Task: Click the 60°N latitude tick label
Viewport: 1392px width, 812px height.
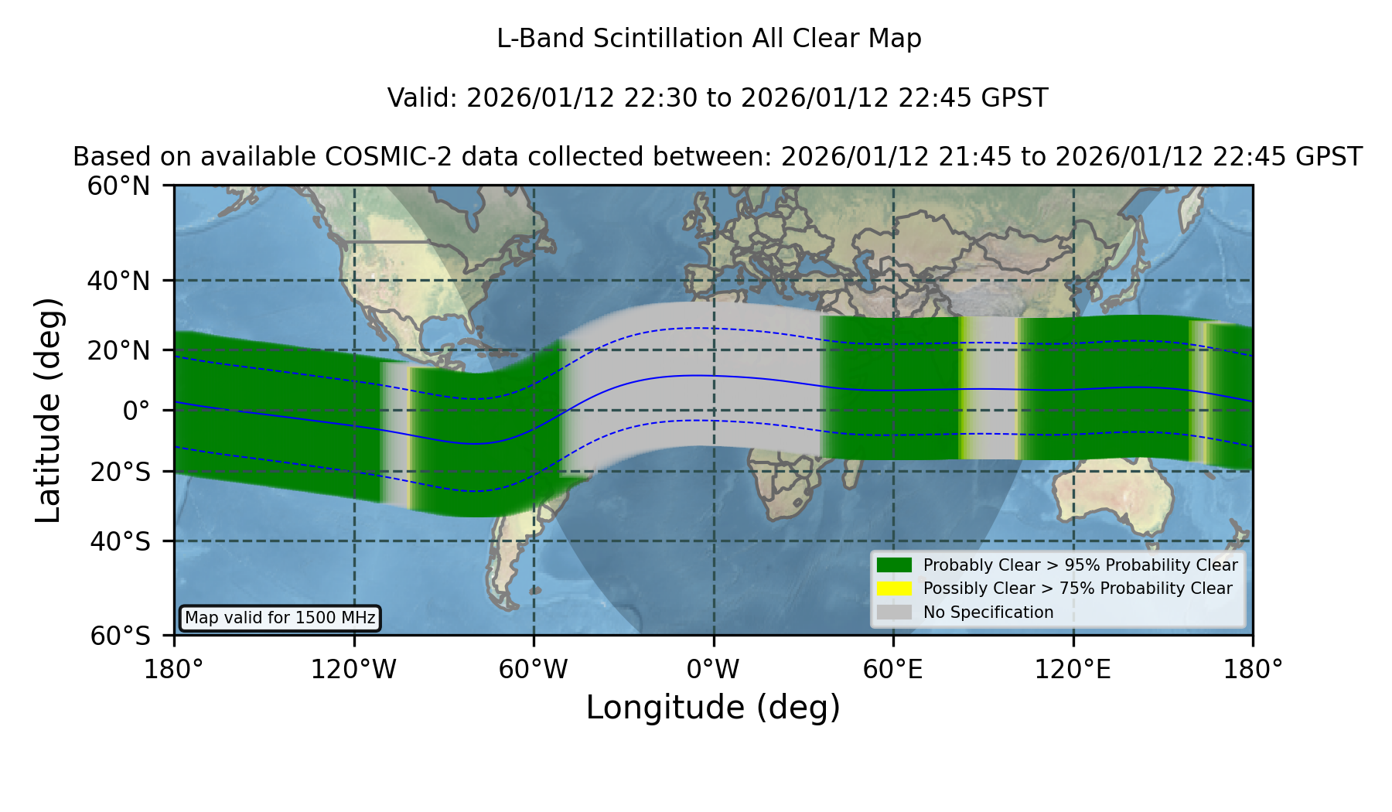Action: pyautogui.click(x=118, y=186)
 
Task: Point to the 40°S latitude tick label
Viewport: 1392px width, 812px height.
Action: pyautogui.click(x=120, y=541)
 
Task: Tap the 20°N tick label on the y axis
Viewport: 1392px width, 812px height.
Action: pyautogui.click(x=118, y=350)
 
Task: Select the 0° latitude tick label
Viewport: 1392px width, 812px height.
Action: pyautogui.click(x=136, y=411)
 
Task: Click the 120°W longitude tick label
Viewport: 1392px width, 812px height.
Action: pyautogui.click(x=353, y=670)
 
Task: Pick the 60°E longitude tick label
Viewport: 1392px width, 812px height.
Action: pyautogui.click(x=893, y=670)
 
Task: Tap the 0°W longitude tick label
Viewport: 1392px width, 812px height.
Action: pyautogui.click(x=713, y=670)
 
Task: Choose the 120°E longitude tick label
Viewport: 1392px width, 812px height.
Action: pyautogui.click(x=1073, y=670)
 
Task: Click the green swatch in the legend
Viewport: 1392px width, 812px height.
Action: pyautogui.click(x=895, y=565)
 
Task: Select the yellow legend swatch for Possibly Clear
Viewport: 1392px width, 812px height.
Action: pyautogui.click(x=895, y=589)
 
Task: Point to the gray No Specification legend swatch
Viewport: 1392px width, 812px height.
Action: pyautogui.click(x=895, y=612)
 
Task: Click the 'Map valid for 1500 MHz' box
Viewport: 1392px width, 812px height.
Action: pyautogui.click(x=280, y=618)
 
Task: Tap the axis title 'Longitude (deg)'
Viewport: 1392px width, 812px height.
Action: pyautogui.click(x=713, y=708)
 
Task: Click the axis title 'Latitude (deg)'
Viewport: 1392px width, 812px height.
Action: pyautogui.click(x=48, y=410)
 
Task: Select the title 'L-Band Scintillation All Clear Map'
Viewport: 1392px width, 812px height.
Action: pyautogui.click(x=709, y=39)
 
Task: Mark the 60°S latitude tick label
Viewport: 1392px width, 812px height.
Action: pyautogui.click(x=120, y=636)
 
